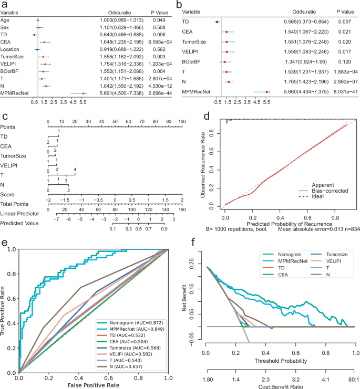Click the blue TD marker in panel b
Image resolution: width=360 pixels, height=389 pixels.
click(x=217, y=22)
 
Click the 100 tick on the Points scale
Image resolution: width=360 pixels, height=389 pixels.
click(x=182, y=122)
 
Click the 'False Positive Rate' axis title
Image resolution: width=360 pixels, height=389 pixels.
click(x=93, y=386)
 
